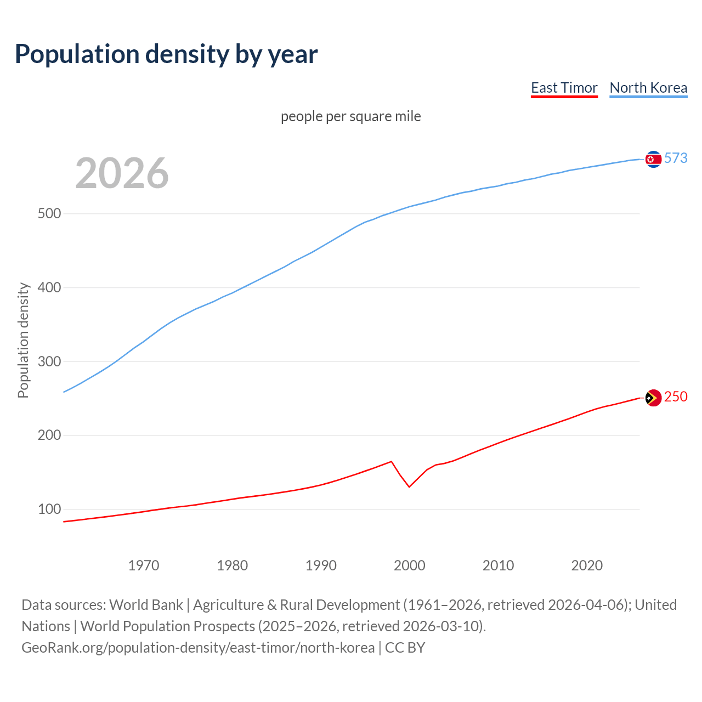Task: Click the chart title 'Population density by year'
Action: pyautogui.click(x=166, y=54)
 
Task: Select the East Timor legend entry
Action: pyautogui.click(x=564, y=88)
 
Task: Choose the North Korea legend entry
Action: pyautogui.click(x=648, y=88)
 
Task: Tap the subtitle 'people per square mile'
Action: pyautogui.click(x=351, y=116)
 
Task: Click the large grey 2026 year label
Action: pyautogui.click(x=122, y=173)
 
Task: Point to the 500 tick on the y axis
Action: pyautogui.click(x=49, y=213)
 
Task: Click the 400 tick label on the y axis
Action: pyautogui.click(x=49, y=287)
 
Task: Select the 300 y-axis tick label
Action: pyautogui.click(x=49, y=361)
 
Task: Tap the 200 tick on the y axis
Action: pyautogui.click(x=49, y=435)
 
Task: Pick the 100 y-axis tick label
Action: pyautogui.click(x=49, y=509)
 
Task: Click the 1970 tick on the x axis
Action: pyautogui.click(x=144, y=565)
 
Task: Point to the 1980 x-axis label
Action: pyautogui.click(x=233, y=565)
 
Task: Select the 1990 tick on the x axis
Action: pyautogui.click(x=321, y=565)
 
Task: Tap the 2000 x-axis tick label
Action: pyautogui.click(x=410, y=565)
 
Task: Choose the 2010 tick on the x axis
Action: pyautogui.click(x=498, y=565)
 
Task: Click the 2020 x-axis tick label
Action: pyautogui.click(x=587, y=565)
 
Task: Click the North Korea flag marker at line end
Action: pyautogui.click(x=653, y=159)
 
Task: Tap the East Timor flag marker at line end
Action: pyautogui.click(x=653, y=398)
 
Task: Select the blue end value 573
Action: pyautogui.click(x=676, y=158)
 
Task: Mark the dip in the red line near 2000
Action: pyautogui.click(x=409, y=486)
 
